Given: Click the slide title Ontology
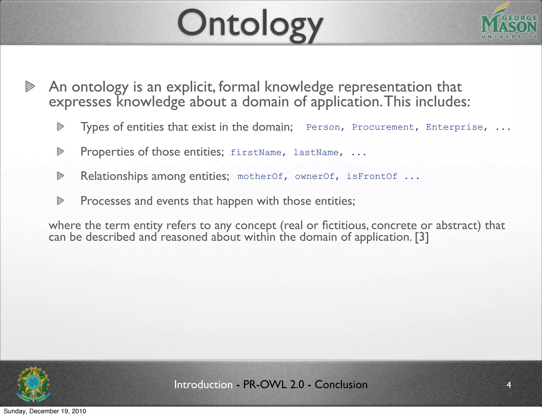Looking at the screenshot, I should tap(250, 25).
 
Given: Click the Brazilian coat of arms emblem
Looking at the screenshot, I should tap(33, 384).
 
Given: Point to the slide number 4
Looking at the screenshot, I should tap(509, 384).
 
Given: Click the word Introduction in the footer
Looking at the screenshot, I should tap(203, 384).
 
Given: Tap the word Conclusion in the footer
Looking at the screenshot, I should tap(341, 384).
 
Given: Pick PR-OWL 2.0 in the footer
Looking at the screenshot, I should tap(273, 384).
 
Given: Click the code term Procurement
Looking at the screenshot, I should tap(383, 127).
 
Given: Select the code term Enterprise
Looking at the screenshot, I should tap(454, 127).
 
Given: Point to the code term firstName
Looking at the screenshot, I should tap(256, 153).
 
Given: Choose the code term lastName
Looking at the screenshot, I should tap(316, 153).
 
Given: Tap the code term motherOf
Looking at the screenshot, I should tap(260, 176).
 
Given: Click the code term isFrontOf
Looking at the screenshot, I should tap(372, 176).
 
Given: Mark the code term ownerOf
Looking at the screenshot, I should tap(315, 176).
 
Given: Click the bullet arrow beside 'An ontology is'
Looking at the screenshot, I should tap(30, 87).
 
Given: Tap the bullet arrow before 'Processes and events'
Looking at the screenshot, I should tap(61, 201).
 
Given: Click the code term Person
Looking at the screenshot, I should tap(323, 127).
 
